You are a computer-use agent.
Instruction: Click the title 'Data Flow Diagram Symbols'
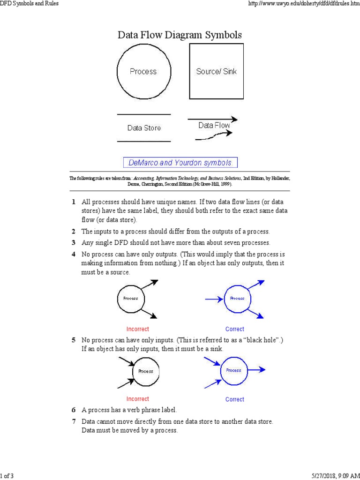coord(180,35)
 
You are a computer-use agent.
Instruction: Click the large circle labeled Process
coord(143,72)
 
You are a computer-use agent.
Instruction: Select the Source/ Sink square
coord(216,72)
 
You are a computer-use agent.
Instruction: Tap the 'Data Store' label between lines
coord(144,128)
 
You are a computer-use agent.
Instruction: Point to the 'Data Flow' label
coord(214,125)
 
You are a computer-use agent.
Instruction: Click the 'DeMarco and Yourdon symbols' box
coord(180,163)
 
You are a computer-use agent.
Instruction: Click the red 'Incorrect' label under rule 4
coord(138,329)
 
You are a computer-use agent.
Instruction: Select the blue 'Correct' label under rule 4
coord(235,329)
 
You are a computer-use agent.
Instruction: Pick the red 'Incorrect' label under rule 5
coord(138,399)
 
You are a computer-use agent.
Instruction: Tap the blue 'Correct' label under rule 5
coord(235,399)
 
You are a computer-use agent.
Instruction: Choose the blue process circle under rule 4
coord(238,299)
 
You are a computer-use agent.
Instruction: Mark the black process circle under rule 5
coord(146,371)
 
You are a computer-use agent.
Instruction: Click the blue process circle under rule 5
coord(233,370)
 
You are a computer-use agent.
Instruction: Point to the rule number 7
coord(74,422)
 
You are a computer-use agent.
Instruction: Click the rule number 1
coord(74,202)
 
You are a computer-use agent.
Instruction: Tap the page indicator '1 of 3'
coord(7,476)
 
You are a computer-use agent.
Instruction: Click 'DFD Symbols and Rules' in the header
coord(30,4)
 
